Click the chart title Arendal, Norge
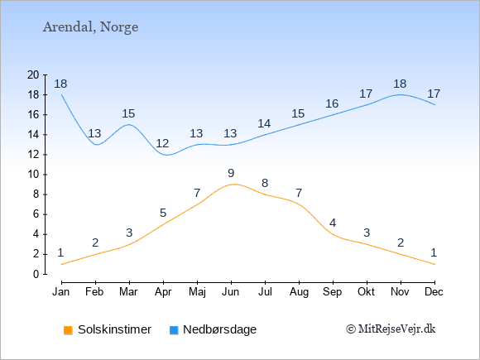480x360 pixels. click(x=90, y=27)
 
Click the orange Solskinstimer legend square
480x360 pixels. click(x=68, y=330)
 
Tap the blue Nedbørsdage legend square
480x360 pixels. click(x=174, y=330)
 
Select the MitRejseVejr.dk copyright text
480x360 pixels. click(x=391, y=329)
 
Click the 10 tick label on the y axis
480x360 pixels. click(x=33, y=175)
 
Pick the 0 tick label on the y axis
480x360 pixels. click(x=36, y=274)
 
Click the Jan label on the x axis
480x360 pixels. click(x=61, y=292)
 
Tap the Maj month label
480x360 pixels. click(x=197, y=292)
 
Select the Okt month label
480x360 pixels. click(x=366, y=292)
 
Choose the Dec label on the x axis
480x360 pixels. click(x=434, y=292)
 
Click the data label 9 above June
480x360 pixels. click(x=231, y=173)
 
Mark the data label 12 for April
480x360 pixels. click(x=162, y=143)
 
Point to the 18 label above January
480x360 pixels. click(x=60, y=84)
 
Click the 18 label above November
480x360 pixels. click(x=400, y=84)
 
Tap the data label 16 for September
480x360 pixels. click(x=332, y=103)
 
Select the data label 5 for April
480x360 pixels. click(x=163, y=213)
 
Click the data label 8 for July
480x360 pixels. click(x=265, y=184)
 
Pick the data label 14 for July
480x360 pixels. click(x=264, y=123)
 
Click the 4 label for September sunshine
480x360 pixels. click(x=333, y=223)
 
